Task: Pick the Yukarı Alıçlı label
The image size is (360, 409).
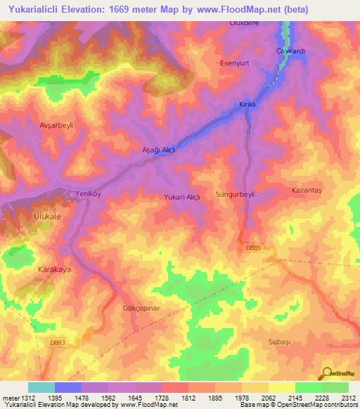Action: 182,197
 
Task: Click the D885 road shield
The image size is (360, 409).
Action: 252,247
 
